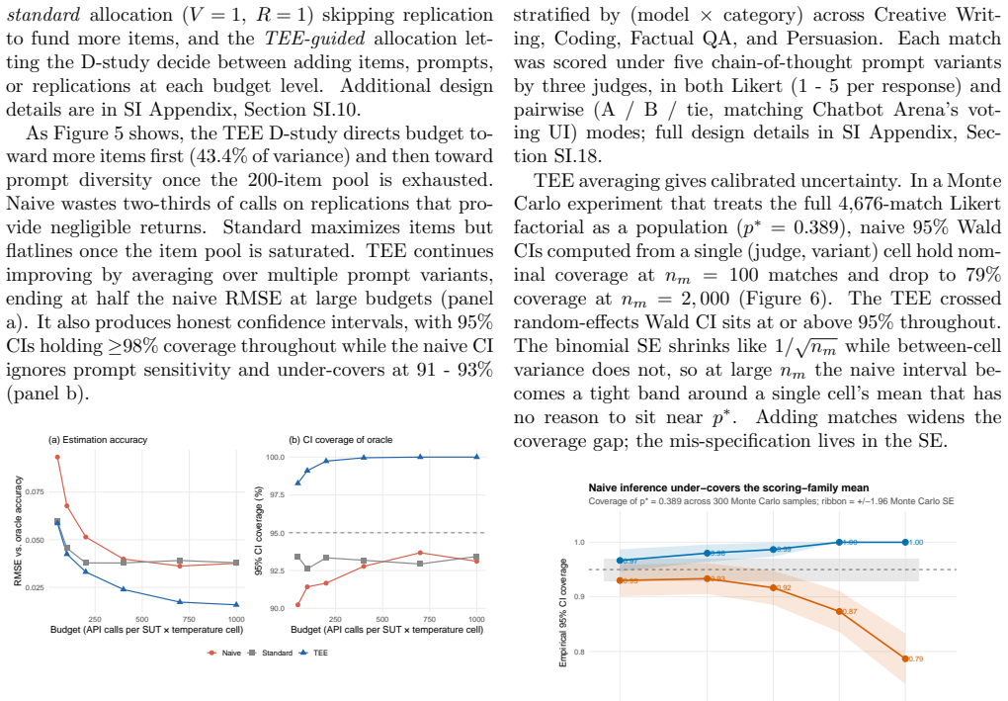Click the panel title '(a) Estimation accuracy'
click(x=98, y=440)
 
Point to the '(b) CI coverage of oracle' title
click(x=341, y=440)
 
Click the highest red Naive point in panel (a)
click(x=57, y=457)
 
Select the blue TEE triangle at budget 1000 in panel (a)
click(x=236, y=604)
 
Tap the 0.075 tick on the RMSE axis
click(x=35, y=492)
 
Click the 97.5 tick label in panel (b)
click(x=275, y=494)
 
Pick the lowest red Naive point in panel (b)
click(x=297, y=604)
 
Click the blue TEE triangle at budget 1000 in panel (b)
click(x=476, y=457)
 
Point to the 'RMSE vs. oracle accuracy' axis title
click(x=18, y=531)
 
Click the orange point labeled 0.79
click(x=905, y=658)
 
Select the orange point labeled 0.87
click(x=839, y=611)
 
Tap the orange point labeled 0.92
click(x=774, y=588)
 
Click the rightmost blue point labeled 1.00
click(x=905, y=542)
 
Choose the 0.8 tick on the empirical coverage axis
click(x=579, y=653)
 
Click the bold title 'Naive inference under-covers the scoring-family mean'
click(x=728, y=488)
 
